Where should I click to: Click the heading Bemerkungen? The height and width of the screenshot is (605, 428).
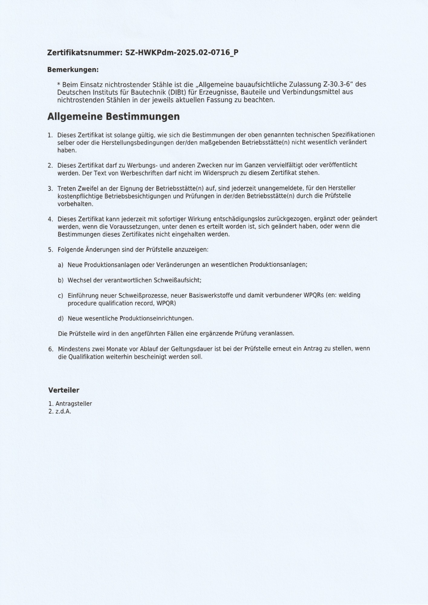(x=73, y=70)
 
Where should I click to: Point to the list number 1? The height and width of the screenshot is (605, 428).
(x=50, y=135)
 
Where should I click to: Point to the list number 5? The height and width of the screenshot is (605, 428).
(x=50, y=250)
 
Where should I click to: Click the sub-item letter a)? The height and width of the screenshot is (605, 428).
(x=60, y=265)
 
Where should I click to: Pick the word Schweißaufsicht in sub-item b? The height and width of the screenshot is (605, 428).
(x=177, y=280)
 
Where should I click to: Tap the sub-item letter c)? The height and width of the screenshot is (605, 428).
(x=60, y=295)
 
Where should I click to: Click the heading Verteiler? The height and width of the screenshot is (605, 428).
(x=64, y=390)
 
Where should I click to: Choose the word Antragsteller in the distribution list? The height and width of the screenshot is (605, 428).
(x=74, y=404)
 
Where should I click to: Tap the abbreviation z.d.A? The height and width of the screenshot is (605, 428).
(x=63, y=412)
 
